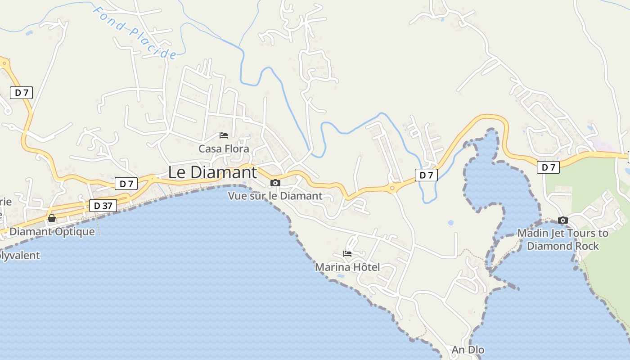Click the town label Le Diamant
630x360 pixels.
(212, 172)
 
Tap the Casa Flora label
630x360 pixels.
(224, 148)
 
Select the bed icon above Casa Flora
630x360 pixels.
(224, 135)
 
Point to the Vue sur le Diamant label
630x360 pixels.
(275, 196)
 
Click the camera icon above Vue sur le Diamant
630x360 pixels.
(275, 183)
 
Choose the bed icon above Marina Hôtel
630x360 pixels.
(347, 254)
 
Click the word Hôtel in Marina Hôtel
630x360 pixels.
(365, 267)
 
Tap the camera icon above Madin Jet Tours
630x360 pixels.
(562, 220)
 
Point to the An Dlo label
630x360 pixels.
(468, 350)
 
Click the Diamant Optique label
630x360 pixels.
(52, 232)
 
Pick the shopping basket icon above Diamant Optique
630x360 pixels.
(52, 218)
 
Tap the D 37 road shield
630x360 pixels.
(103, 206)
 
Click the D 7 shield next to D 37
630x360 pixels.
(126, 184)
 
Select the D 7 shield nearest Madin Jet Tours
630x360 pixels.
(548, 167)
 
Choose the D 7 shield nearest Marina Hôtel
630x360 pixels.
(426, 175)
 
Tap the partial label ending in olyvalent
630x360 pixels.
(20, 256)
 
